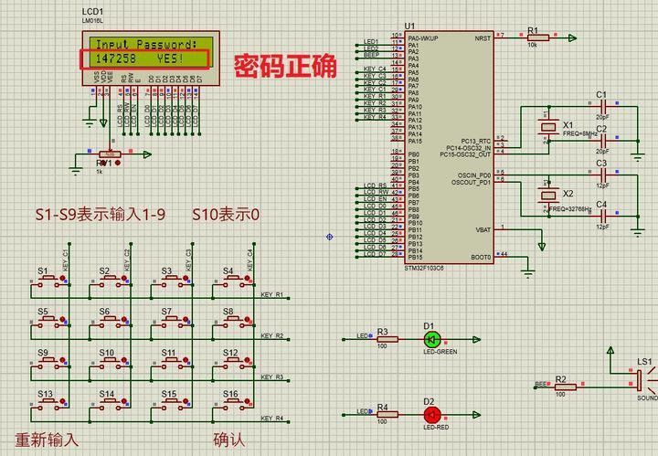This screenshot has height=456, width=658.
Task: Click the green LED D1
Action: (x=432, y=338)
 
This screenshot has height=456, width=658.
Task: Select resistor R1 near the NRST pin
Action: (x=536, y=37)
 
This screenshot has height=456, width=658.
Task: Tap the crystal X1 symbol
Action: (x=547, y=127)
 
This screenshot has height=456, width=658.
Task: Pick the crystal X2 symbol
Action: (x=547, y=195)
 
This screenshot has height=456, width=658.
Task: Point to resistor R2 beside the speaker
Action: (x=564, y=387)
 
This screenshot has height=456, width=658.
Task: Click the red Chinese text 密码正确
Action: (x=284, y=65)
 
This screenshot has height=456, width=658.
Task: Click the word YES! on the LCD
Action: (x=170, y=58)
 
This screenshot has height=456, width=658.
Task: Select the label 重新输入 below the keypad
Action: (x=47, y=440)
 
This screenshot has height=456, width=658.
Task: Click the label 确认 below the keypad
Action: (x=229, y=440)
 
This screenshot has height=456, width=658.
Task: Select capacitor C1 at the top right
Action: (x=602, y=107)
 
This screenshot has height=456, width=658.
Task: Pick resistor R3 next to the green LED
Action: (x=383, y=338)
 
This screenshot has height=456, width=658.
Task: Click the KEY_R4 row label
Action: (x=272, y=419)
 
